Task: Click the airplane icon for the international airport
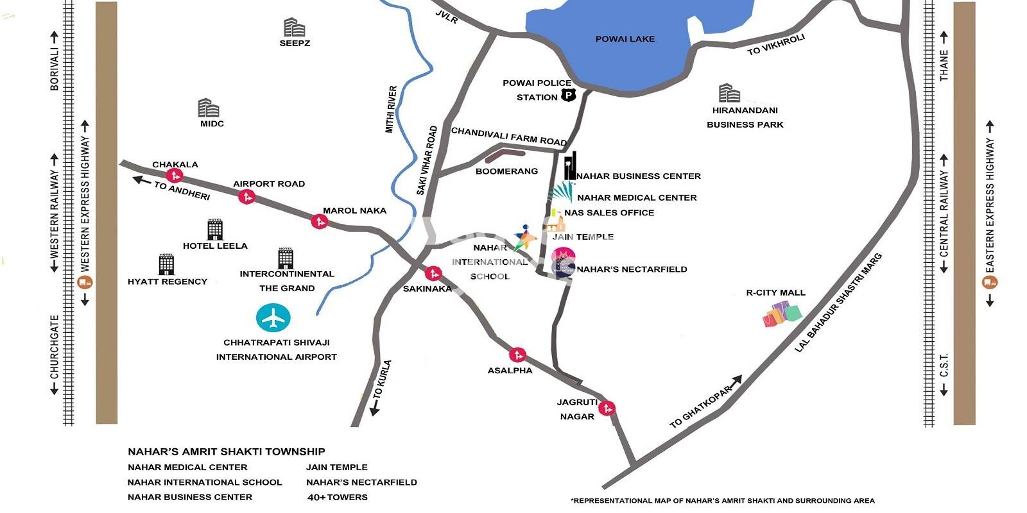(273, 318)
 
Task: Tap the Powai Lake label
(625, 39)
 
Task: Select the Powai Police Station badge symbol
(569, 96)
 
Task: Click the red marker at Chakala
(174, 175)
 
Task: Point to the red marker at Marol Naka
(319, 222)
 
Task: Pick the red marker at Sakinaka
(433, 274)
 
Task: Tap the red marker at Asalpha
(517, 355)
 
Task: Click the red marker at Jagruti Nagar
(607, 408)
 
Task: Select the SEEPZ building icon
(294, 28)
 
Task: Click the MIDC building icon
(209, 108)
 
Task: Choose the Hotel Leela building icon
(215, 229)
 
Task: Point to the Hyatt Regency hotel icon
(166, 264)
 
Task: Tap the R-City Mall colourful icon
(782, 314)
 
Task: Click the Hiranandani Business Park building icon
(729, 93)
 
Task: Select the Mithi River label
(392, 110)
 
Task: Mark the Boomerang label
(506, 171)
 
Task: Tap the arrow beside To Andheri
(141, 180)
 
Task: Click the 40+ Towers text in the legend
(338, 497)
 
